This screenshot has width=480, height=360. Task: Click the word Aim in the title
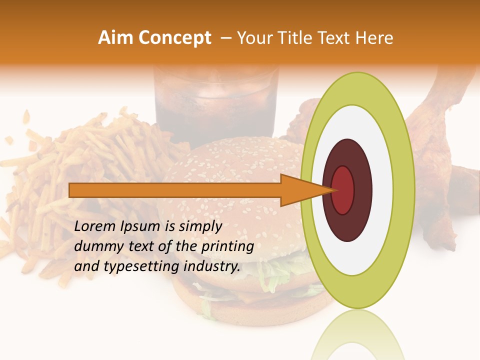[116, 38]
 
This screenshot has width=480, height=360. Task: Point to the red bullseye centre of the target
[343, 190]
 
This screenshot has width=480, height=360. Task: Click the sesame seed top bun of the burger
[225, 160]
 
